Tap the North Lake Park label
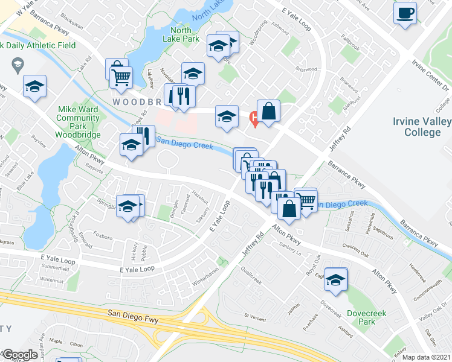[184, 34]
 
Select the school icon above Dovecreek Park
[337, 278]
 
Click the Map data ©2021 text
[427, 357]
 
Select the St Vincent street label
[254, 315]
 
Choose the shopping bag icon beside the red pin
[269, 111]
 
